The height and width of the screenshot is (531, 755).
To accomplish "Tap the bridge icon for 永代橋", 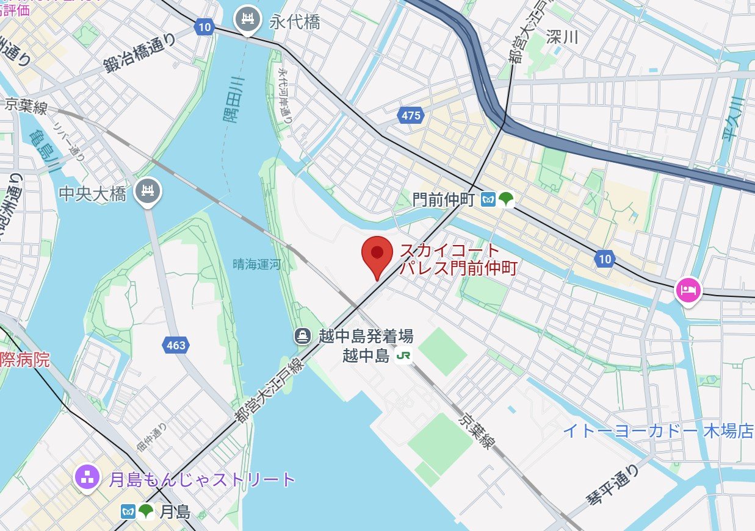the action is (x=248, y=20).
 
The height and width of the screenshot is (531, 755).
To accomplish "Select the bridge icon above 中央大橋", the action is (x=148, y=191).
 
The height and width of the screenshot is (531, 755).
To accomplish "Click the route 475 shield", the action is (x=411, y=115).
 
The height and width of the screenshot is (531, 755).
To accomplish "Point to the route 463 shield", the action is (x=175, y=346).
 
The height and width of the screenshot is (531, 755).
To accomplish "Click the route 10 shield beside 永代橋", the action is (x=204, y=26).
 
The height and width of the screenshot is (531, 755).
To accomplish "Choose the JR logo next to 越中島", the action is (x=403, y=356).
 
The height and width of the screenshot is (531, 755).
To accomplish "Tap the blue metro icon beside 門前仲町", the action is (x=488, y=199).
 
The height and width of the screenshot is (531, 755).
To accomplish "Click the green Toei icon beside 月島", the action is (x=146, y=511).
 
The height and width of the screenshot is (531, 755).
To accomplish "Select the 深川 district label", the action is (x=562, y=37).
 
